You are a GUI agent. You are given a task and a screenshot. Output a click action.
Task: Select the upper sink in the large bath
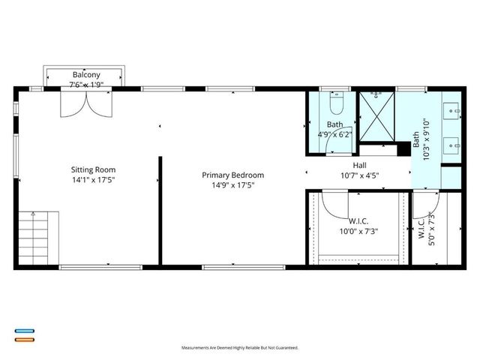452,112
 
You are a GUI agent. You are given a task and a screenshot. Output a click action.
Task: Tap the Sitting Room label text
93,169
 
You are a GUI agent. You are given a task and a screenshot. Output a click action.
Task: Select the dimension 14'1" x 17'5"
93,180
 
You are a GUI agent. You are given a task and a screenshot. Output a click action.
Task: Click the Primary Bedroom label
232,175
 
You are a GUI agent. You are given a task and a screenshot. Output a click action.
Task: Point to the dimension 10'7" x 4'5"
360,177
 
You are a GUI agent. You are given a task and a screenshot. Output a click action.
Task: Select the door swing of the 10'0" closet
334,202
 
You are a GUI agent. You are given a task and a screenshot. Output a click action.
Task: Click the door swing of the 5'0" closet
424,202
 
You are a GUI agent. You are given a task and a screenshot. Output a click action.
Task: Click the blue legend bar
24,331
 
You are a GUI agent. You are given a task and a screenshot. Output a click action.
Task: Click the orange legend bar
24,339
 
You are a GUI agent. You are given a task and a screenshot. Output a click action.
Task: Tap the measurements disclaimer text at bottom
240,348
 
